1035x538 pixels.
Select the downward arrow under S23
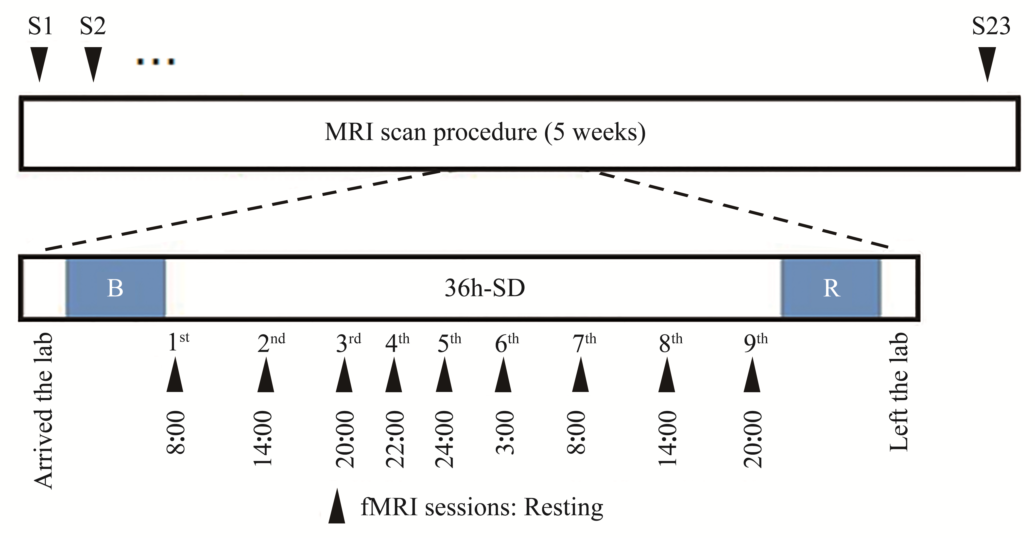pos(987,64)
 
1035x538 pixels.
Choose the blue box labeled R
pos(831,288)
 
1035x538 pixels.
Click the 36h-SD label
pos(485,288)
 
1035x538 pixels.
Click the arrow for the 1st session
pos(175,374)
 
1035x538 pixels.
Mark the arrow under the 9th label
pos(752,374)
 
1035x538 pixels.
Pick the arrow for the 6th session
pos(503,374)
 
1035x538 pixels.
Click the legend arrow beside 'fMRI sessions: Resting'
pos(337,506)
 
